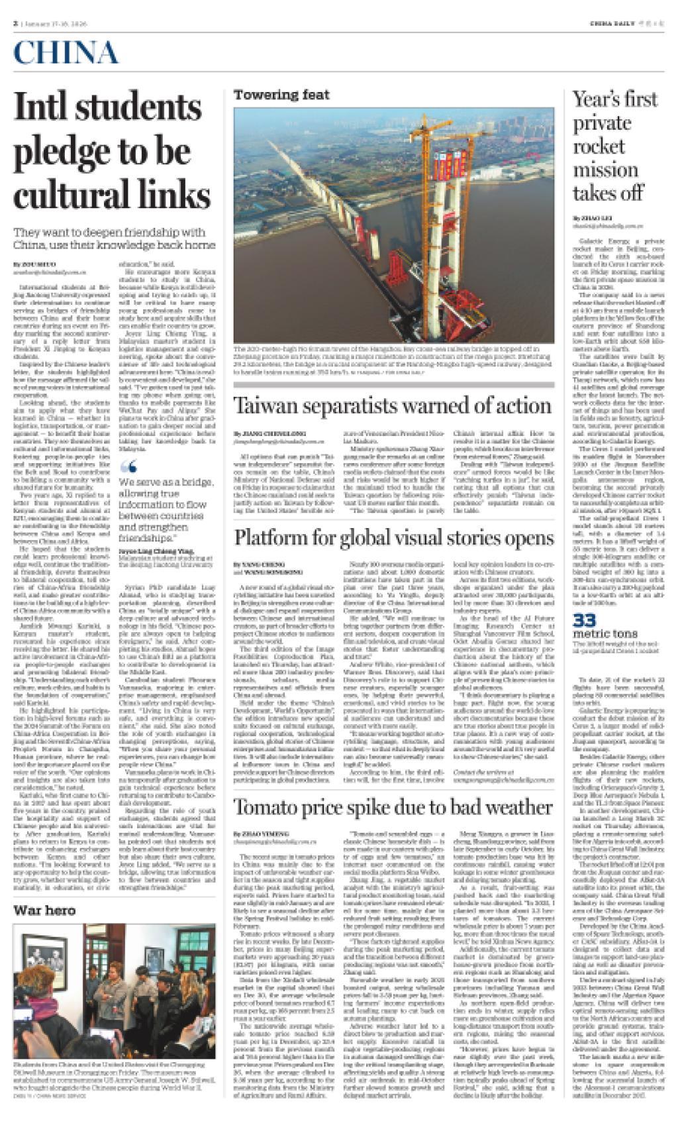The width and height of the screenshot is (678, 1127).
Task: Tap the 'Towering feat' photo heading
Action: coord(281,95)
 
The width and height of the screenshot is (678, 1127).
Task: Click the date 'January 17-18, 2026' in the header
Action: coord(56,5)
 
